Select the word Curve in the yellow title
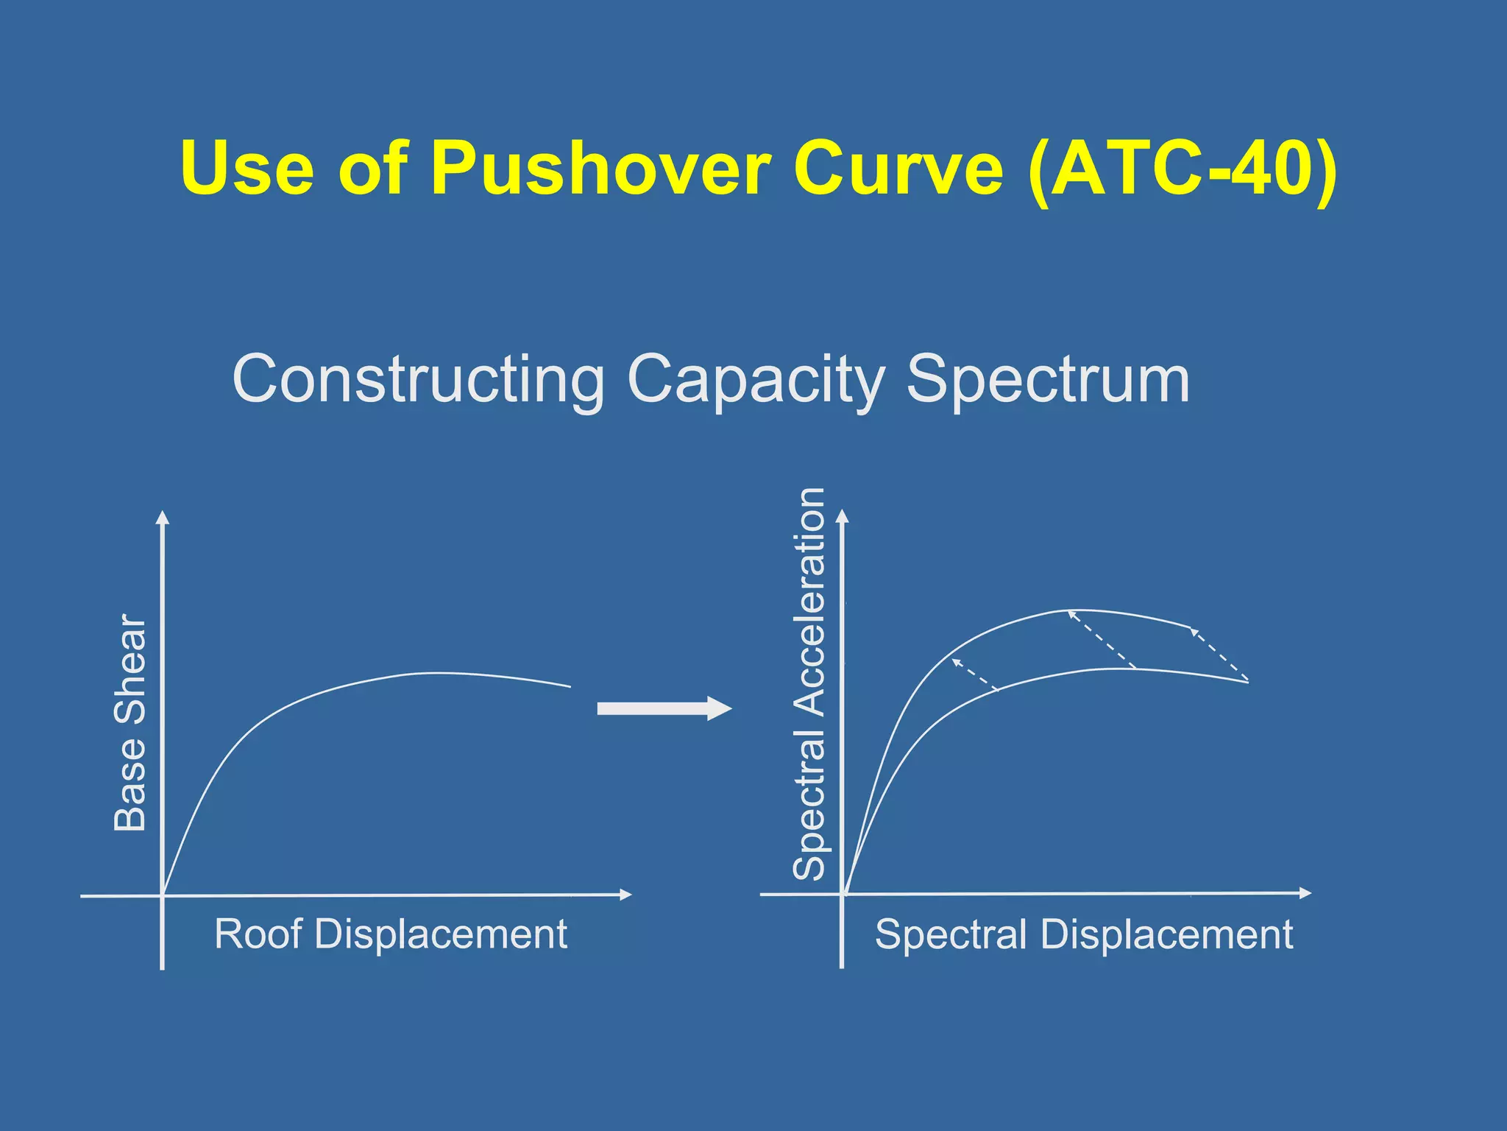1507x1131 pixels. [x=898, y=169]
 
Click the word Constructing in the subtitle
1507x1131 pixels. [x=418, y=380]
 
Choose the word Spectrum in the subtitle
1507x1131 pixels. [x=1048, y=380]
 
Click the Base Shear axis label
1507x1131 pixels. [x=131, y=722]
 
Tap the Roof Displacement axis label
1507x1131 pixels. [x=391, y=934]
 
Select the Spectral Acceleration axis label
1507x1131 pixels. [x=809, y=683]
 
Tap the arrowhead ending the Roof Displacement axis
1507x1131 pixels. [x=625, y=895]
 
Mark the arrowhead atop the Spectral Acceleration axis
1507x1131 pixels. [x=843, y=516]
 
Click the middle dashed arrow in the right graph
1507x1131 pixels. [x=1102, y=639]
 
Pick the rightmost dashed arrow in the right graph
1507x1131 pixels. [x=1219, y=653]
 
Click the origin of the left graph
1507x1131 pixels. [x=163, y=895]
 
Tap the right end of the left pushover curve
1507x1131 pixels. [x=569, y=686]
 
